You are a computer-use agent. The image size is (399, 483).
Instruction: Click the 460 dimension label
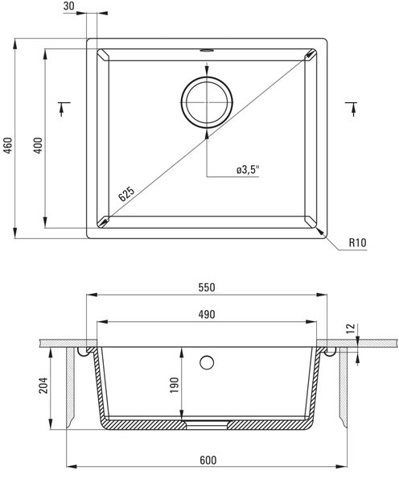[8, 146]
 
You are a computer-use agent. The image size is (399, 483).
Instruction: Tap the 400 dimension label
[38, 146]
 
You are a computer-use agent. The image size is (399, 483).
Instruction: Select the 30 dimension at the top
[68, 6]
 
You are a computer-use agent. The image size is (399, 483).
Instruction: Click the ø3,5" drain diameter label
[248, 169]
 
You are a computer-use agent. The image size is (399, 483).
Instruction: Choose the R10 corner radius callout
[358, 243]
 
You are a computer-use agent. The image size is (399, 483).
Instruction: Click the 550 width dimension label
[207, 287]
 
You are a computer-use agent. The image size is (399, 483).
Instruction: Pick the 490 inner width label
[207, 315]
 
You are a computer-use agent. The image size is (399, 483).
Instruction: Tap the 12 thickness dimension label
[351, 328]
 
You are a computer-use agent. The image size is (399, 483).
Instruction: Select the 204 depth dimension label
[43, 385]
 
